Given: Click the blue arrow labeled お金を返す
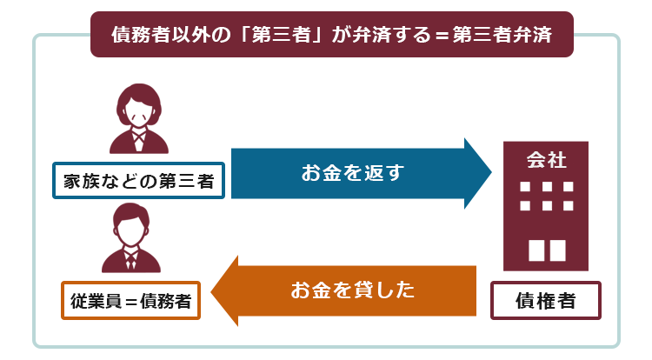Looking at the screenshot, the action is tap(361, 173).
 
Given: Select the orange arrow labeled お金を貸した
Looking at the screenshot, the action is tap(343, 290).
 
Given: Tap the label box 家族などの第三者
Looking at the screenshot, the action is tap(138, 180).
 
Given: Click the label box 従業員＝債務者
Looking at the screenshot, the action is tap(130, 301).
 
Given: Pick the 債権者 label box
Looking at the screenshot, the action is tap(546, 301).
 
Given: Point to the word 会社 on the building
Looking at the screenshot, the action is tap(546, 160).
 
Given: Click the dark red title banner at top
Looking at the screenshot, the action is tap(332, 34).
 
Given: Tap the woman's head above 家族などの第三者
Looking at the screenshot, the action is tap(139, 105).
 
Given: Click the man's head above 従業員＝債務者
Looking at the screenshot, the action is tap(131, 224).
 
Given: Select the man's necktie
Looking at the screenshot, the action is tap(131, 261).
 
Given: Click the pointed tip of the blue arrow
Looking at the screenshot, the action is tap(491, 172).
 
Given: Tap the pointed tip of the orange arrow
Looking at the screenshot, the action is tap(211, 291).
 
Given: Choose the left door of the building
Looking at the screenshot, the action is tap(536, 250).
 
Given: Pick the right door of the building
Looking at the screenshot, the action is tap(557, 250).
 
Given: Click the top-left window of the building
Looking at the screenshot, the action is tap(525, 187).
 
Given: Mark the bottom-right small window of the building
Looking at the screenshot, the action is tap(568, 205).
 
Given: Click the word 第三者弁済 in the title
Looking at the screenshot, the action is tap(502, 35).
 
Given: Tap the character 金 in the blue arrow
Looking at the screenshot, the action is tap(332, 172).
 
